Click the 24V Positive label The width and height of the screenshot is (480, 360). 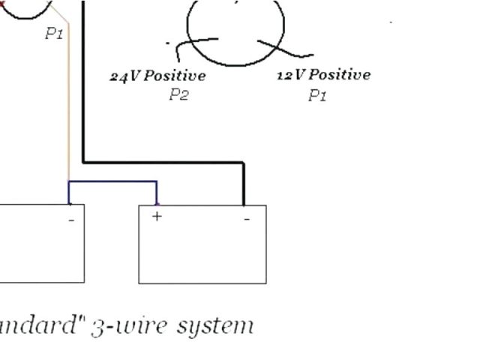157,76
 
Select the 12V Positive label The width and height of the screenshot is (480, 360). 323,75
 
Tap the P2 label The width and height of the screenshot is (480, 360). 178,95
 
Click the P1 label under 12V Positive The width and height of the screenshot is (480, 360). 317,96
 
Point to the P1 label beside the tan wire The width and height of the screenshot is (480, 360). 54,34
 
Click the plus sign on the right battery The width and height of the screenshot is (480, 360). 157,216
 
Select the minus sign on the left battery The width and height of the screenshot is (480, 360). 72,220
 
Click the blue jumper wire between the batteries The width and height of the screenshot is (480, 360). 112,181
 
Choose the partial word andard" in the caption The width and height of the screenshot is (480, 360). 41,326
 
